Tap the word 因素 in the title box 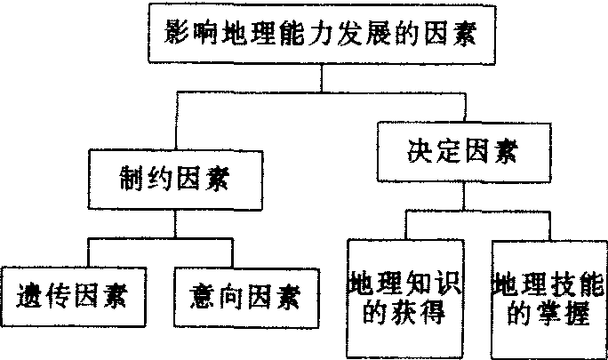[443, 36]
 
